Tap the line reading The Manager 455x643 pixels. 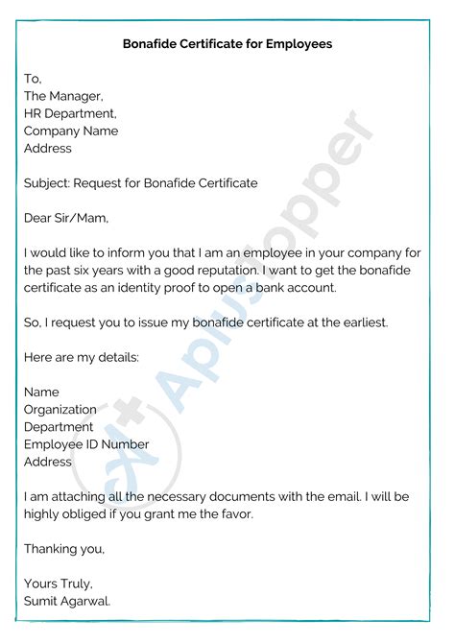coord(62,96)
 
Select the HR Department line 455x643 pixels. coord(70,113)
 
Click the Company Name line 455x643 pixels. coord(71,131)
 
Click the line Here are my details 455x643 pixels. coord(82,357)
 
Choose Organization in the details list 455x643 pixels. coord(60,410)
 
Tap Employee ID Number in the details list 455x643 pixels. coord(86,444)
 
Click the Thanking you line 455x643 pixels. coord(64,549)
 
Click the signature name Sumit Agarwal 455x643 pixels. coord(67,601)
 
